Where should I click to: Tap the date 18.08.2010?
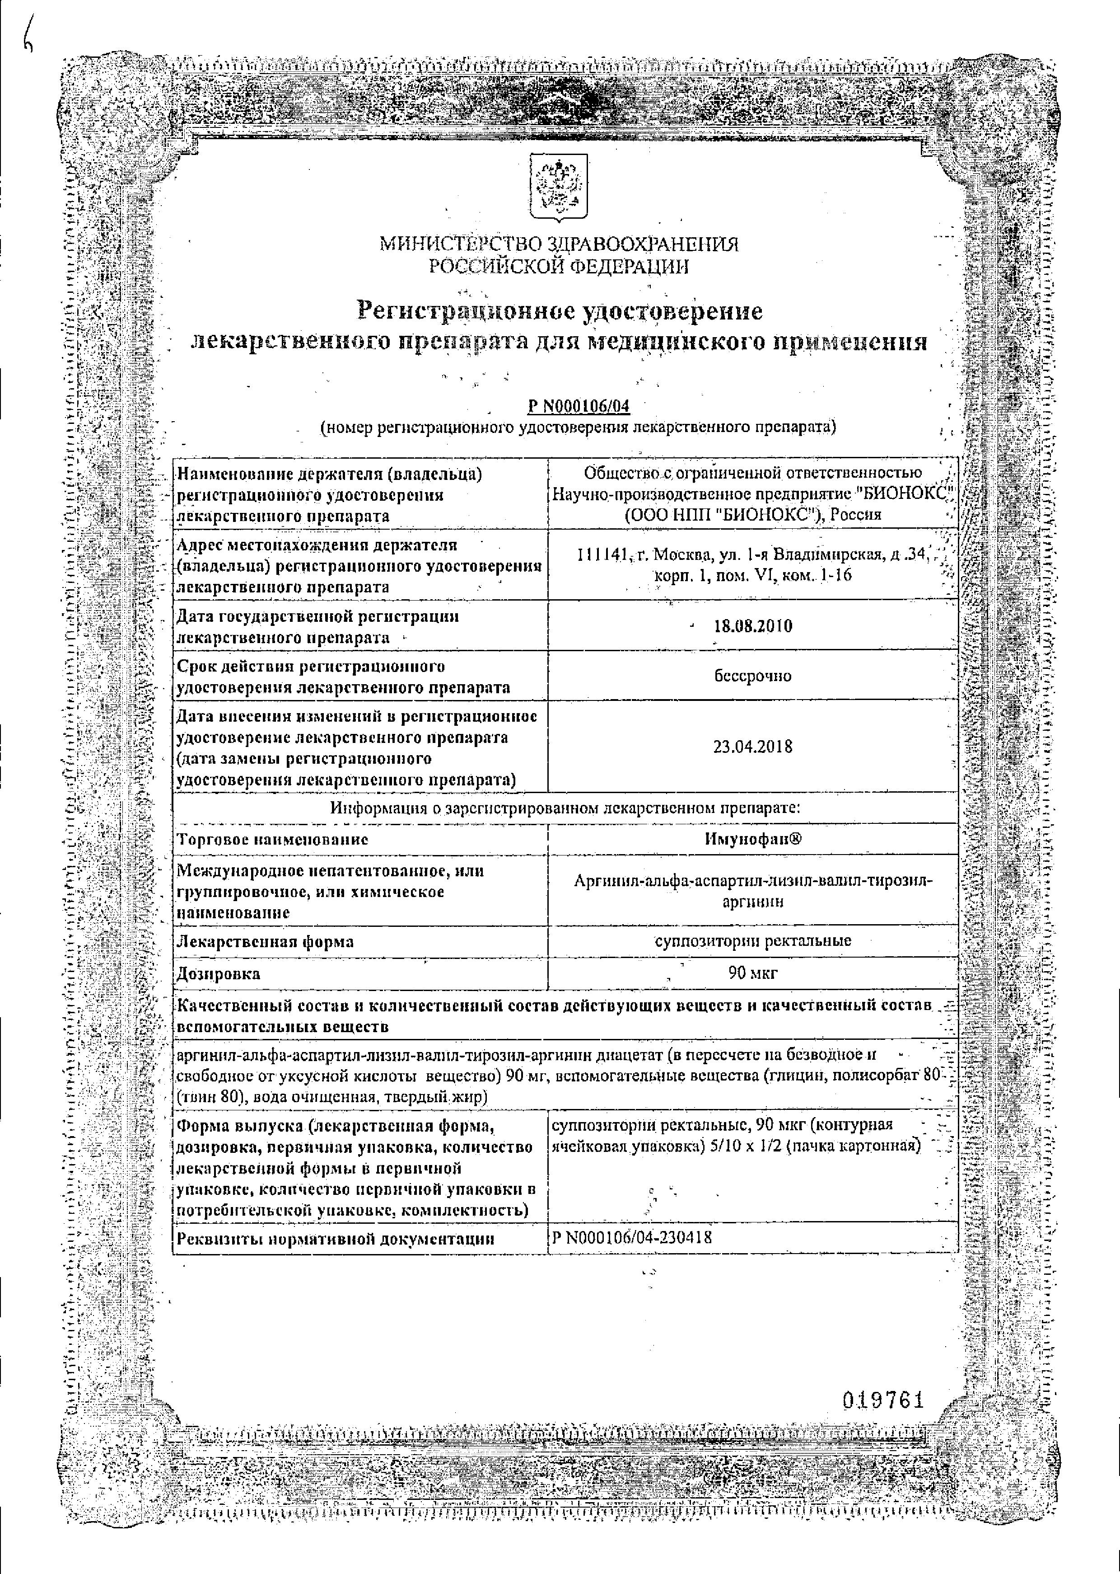[753, 626]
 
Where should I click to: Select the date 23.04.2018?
[753, 747]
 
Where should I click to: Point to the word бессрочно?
[753, 676]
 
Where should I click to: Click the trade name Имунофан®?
[753, 839]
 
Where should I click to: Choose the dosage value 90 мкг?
[753, 974]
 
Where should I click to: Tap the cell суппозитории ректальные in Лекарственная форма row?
[753, 940]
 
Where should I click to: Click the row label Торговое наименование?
[272, 840]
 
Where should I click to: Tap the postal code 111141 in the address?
[603, 554]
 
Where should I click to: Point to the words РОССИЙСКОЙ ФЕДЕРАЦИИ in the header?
[559, 266]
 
